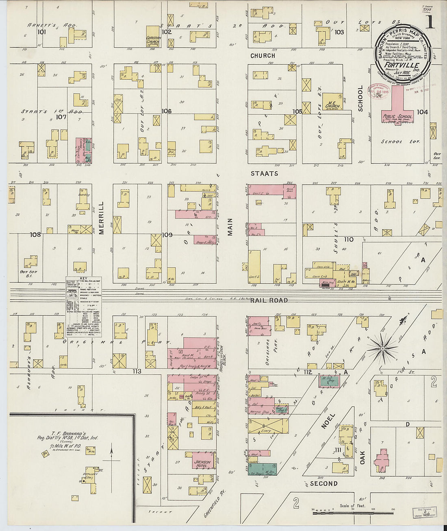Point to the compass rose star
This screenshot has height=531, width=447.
click(x=382, y=348)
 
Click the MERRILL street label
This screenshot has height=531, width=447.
click(x=102, y=218)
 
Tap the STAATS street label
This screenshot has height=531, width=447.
click(x=264, y=173)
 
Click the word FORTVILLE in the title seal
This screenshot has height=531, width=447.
click(x=402, y=65)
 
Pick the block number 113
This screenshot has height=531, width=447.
click(x=136, y=371)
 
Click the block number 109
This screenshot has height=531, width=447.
click(x=167, y=235)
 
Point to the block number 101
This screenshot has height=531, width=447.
click(x=41, y=32)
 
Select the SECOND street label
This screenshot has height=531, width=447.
click(x=323, y=483)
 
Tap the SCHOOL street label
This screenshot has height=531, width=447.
click(x=360, y=98)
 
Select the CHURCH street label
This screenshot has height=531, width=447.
click(x=263, y=55)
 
